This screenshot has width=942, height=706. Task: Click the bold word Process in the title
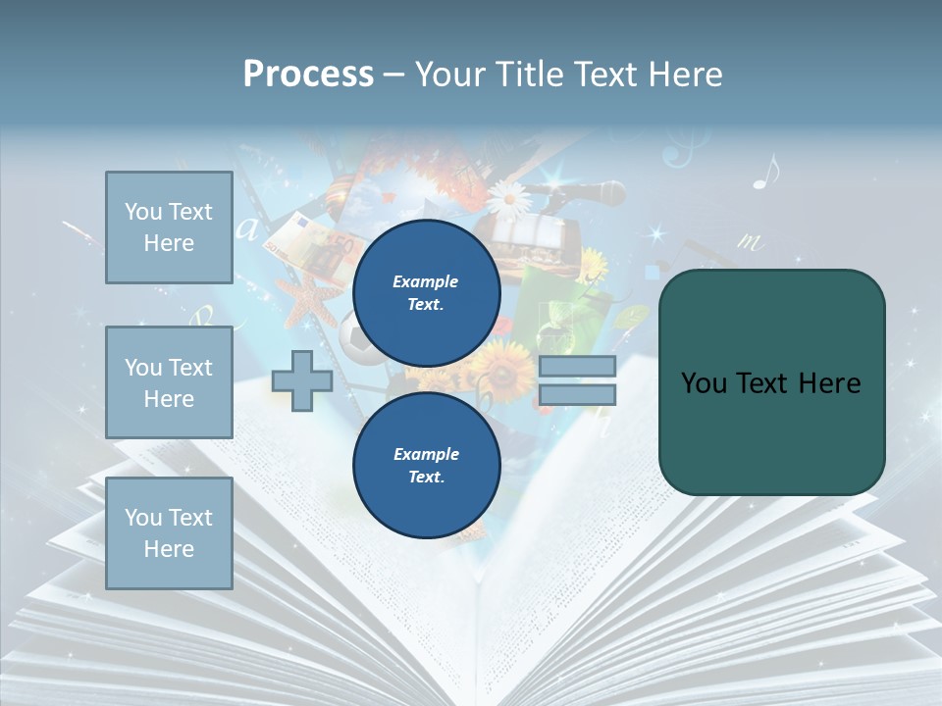[308, 75]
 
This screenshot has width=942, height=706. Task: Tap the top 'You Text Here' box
[169, 227]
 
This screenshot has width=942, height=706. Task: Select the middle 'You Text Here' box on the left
[169, 382]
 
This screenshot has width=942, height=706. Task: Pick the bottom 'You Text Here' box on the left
[169, 532]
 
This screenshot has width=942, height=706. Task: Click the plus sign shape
[302, 380]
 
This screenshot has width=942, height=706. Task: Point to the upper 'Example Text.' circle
[426, 292]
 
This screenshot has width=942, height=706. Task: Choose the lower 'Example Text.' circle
[426, 465]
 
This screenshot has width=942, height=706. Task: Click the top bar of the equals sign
[577, 366]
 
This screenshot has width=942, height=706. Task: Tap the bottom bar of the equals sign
[577, 394]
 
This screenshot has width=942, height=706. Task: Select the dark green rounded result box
[771, 382]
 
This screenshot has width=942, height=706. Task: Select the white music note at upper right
[765, 172]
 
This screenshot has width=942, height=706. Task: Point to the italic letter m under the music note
[750, 241]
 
